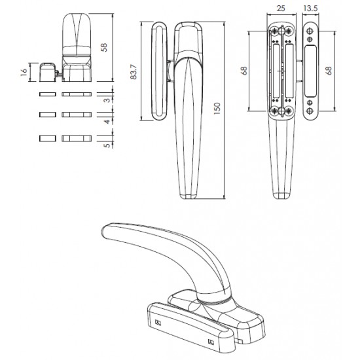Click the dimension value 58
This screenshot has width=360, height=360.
[x=104, y=48]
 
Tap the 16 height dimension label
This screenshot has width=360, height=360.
[x=24, y=72]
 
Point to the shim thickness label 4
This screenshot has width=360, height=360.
[x=107, y=122]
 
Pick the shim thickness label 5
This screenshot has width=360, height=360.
[x=107, y=145]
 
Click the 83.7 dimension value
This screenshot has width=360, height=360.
[x=134, y=72]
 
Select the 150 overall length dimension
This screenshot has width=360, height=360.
[x=217, y=109]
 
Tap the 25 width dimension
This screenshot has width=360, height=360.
[x=281, y=9]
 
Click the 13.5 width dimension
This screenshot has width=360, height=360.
[x=310, y=9]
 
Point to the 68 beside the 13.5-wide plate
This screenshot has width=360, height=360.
[x=329, y=71]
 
